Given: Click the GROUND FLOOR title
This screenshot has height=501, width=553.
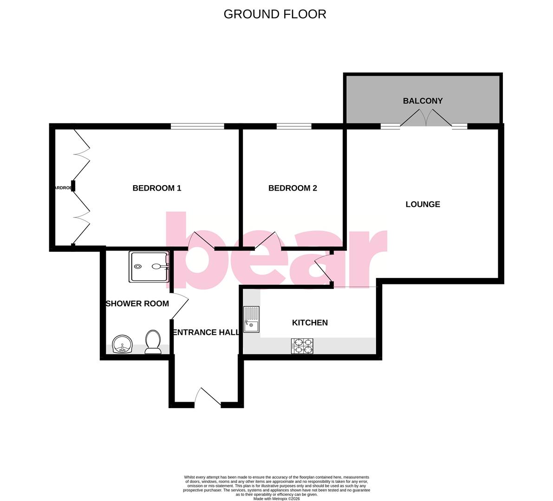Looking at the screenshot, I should (275, 14).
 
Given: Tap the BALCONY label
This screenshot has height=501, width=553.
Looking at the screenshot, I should (423, 101).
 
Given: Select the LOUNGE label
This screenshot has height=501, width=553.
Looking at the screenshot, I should (423, 204).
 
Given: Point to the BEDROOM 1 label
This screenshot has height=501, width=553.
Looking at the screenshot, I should (157, 188).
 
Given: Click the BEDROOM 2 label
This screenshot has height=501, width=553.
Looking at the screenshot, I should (293, 188).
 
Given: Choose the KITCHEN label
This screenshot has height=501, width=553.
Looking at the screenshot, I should (310, 322).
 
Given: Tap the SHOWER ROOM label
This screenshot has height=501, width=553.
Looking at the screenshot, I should (137, 303).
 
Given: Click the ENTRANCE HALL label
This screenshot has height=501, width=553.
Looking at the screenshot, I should (206, 332).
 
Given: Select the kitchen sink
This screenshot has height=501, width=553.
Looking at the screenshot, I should (251, 320).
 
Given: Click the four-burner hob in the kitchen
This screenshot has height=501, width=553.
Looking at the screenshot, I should (302, 346).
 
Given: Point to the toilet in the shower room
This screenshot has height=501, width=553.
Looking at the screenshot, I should (152, 342).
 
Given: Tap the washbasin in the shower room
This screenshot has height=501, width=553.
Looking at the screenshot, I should (123, 344).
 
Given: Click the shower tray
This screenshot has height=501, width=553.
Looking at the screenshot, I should (149, 267).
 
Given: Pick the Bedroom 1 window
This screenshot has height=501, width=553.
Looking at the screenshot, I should (197, 126).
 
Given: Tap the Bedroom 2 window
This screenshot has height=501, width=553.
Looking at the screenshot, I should (294, 126).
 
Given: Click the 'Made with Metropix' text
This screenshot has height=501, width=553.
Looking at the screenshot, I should (276, 499).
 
